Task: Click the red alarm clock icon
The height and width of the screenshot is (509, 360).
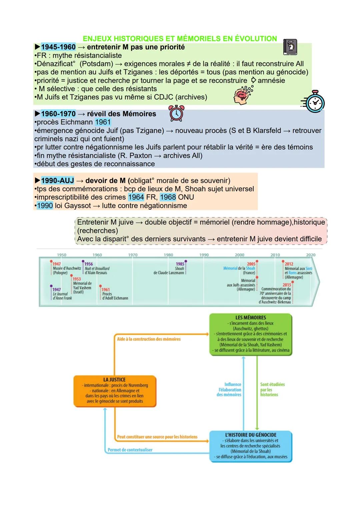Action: [x=176, y=113]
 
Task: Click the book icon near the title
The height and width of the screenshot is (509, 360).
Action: [x=290, y=47]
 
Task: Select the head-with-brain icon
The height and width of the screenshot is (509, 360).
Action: [x=242, y=95]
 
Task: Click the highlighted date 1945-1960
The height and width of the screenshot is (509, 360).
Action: [x=58, y=47]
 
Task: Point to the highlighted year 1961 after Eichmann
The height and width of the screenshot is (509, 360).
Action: [x=103, y=122]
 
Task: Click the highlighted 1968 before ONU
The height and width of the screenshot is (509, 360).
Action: [x=168, y=197]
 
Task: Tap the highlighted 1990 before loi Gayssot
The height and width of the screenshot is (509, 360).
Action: [x=45, y=206]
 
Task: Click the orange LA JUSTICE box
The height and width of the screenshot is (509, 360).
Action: [x=115, y=391]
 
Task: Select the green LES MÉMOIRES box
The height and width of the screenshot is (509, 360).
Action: [x=251, y=334]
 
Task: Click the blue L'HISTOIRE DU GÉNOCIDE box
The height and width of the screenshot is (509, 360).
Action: [x=251, y=446]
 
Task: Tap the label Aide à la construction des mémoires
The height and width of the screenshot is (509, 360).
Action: [x=149, y=339]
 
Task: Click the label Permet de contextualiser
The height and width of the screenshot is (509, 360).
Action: [x=130, y=450]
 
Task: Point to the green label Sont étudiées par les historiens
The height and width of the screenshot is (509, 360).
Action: [x=272, y=389]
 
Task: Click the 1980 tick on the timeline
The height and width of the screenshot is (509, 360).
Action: [x=168, y=255]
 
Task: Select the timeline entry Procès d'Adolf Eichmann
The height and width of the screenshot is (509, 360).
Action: [x=114, y=294]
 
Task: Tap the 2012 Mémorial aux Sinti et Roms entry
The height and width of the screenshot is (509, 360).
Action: [x=298, y=270]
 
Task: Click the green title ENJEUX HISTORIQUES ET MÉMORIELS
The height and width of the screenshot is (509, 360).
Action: [x=180, y=39]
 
